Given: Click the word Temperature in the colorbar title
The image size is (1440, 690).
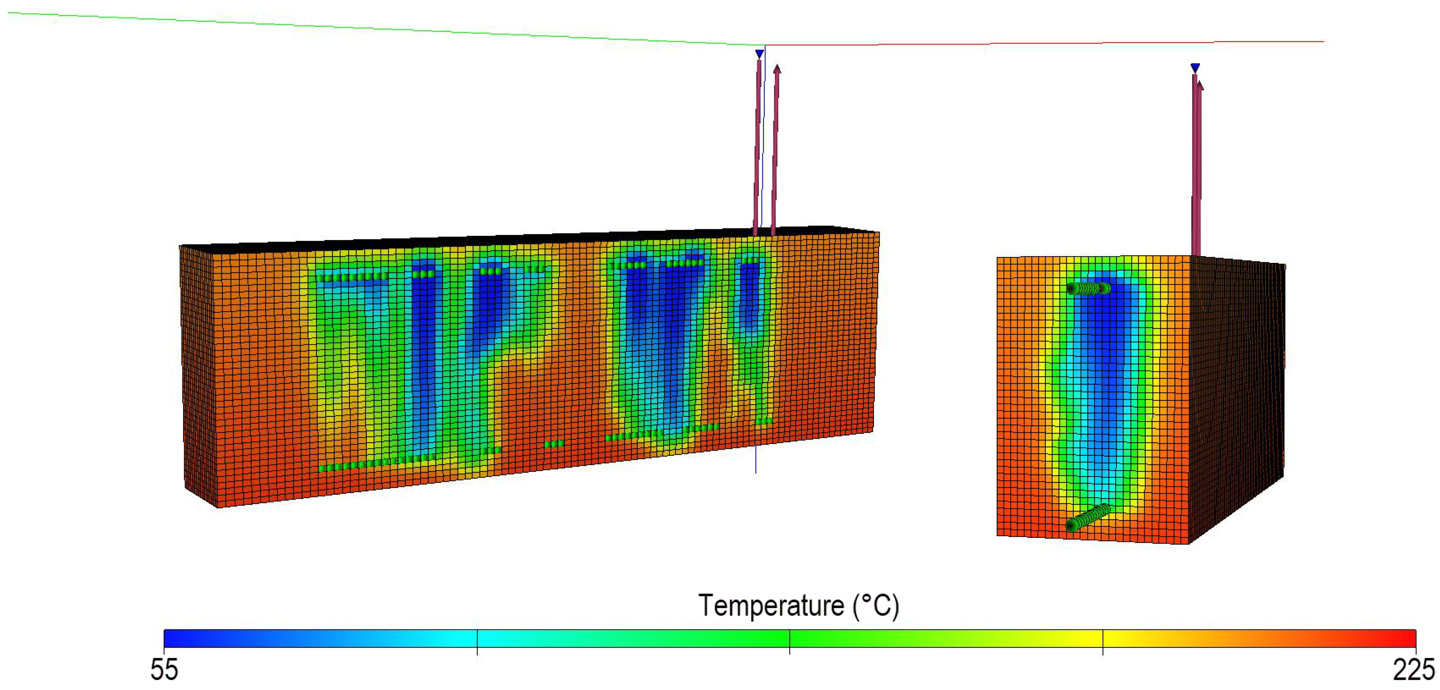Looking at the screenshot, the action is [771, 606].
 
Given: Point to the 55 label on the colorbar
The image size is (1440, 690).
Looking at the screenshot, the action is [164, 669].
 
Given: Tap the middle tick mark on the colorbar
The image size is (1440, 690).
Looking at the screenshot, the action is [789, 641].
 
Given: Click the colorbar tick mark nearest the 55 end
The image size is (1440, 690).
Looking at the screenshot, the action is [477, 641].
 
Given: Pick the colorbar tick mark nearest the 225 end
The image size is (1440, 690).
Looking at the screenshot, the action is [1102, 641].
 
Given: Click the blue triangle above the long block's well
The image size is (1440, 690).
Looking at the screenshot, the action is [759, 54].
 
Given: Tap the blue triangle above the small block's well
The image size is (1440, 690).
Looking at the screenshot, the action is [1195, 68].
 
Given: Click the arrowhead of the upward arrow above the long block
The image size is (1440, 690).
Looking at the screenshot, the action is [777, 69].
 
